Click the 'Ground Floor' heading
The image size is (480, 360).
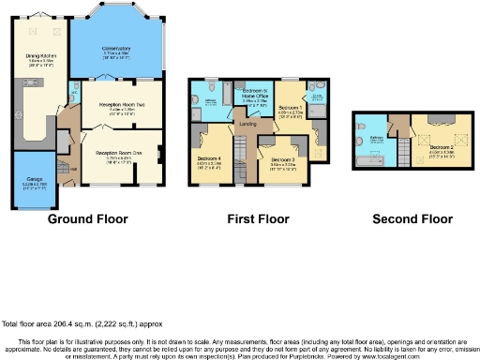[87, 219]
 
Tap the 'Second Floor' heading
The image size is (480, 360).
[412, 219]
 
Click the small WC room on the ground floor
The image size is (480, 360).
[75, 91]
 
